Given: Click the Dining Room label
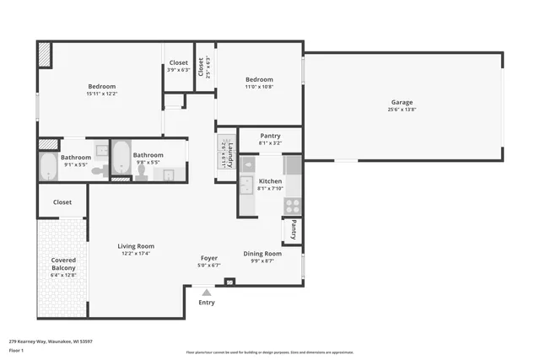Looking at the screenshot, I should point(262,254).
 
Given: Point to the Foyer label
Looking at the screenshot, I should point(208,258).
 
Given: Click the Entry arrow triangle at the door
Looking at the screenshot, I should point(206,292).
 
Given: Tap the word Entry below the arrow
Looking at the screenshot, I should point(206,303).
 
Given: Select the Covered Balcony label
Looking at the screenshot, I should point(63,264).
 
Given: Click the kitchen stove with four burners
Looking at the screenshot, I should point(292,204).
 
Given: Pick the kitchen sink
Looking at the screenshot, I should point(246,185).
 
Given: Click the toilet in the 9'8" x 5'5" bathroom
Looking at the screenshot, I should point(141,172).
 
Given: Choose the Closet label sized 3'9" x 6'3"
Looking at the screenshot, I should point(178,62).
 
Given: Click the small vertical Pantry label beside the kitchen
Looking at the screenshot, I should point(294,230).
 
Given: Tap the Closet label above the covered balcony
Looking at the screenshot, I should point(62,202).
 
